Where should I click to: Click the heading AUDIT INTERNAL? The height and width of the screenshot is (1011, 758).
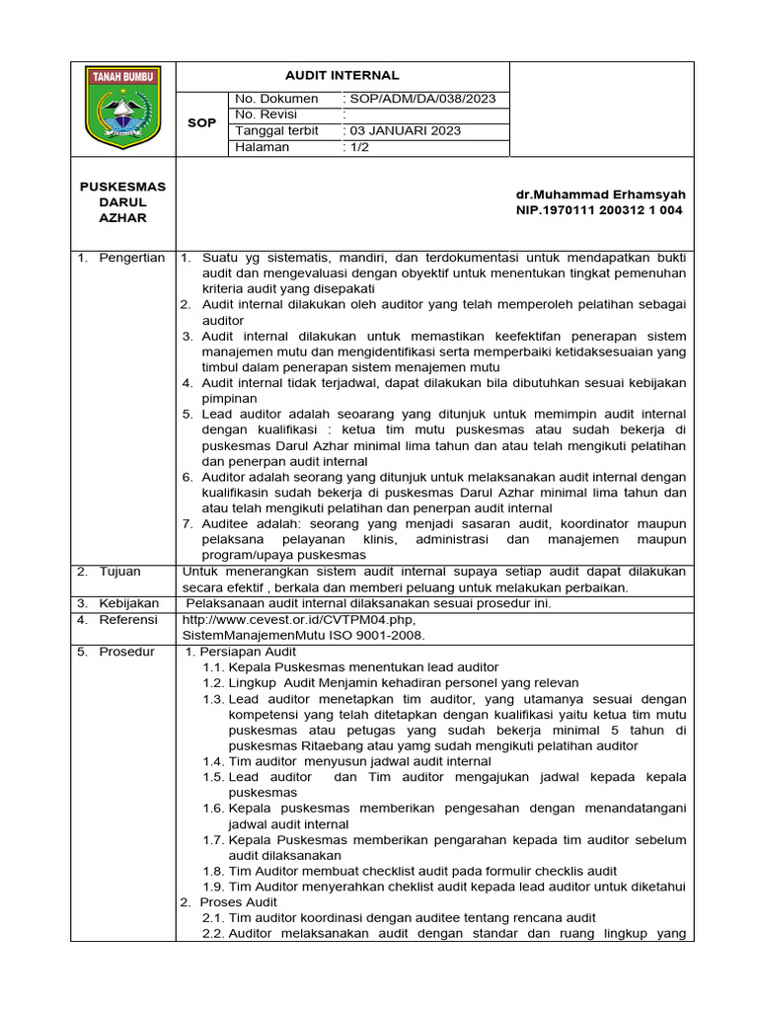(342, 75)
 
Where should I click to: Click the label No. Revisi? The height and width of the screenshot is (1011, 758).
(265, 115)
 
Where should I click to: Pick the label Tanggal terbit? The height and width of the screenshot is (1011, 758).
(276, 130)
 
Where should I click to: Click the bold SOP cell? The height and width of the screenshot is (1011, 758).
(201, 122)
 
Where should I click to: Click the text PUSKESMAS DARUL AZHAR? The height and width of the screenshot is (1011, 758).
(122, 201)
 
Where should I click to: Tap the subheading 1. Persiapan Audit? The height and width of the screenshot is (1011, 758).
(241, 652)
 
